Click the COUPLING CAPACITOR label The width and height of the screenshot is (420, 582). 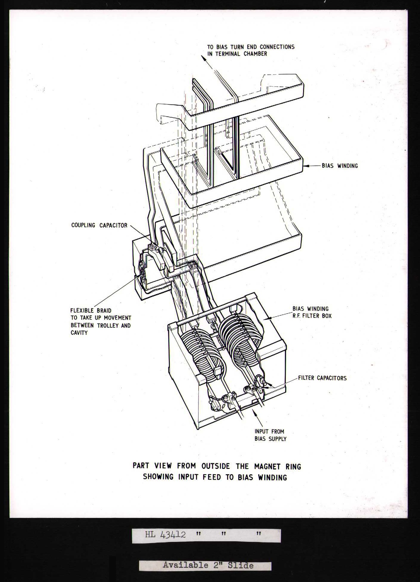point(99,225)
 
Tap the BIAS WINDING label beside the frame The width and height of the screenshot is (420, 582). point(340,166)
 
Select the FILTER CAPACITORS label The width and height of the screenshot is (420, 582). point(322,378)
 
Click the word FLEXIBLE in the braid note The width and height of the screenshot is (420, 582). point(82,311)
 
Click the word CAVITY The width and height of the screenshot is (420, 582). point(79,333)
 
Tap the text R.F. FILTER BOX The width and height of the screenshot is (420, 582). point(312,316)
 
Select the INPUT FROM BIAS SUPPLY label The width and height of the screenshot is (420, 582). point(270,435)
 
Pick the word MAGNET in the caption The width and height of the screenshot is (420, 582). point(267,466)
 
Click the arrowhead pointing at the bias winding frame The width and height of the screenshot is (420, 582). point(305,165)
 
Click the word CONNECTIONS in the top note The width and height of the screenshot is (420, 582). point(277,47)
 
